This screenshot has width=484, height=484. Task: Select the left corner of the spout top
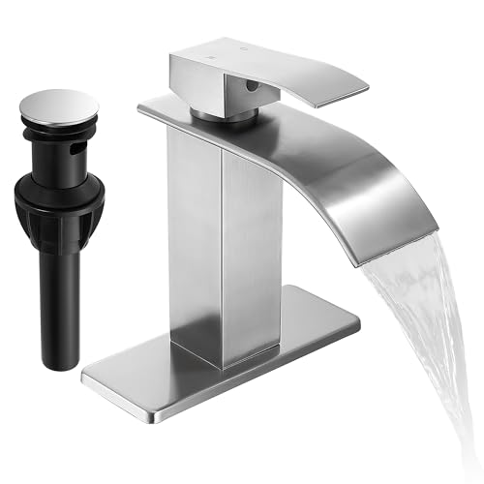pyautogui.click(x=143, y=105)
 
